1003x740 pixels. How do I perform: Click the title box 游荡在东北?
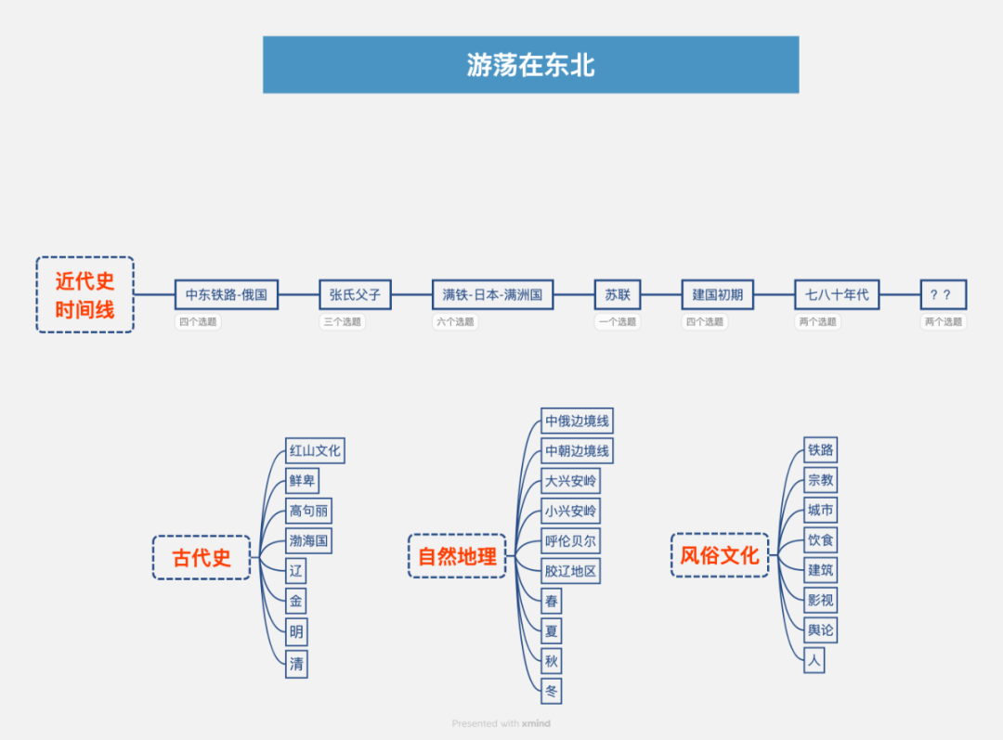(530, 65)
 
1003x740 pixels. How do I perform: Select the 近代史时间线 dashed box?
(85, 294)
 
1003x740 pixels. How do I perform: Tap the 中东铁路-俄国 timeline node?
(227, 294)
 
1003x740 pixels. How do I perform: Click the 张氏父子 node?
(355, 294)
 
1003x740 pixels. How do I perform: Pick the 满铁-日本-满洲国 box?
(492, 294)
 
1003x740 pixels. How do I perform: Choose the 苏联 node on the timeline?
(618, 294)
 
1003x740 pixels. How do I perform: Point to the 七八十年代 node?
(837, 294)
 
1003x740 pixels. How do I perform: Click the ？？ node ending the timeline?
(943, 294)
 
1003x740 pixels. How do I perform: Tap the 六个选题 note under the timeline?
(455, 322)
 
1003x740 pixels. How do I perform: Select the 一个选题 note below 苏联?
(618, 322)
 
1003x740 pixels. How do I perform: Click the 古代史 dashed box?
(202, 557)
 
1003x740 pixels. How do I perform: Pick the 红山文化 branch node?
(315, 450)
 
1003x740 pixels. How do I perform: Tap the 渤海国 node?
(308, 540)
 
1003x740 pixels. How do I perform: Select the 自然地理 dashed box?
(457, 556)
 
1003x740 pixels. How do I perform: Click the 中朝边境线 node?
(577, 451)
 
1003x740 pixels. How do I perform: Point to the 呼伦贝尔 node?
(570, 540)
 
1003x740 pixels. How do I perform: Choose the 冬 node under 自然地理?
(552, 691)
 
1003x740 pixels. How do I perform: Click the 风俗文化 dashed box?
(720, 555)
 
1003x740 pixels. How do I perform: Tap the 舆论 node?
(820, 630)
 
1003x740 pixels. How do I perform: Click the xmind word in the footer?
(535, 723)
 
